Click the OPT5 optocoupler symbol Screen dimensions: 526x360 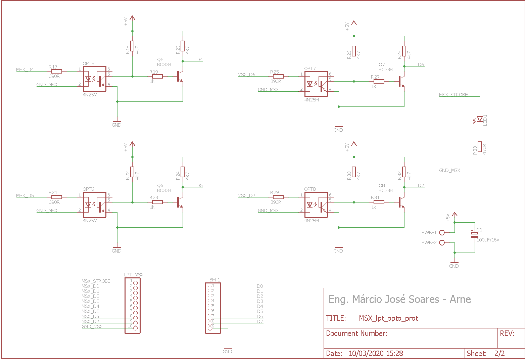(x=95, y=79)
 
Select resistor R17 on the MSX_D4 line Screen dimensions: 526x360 (x=57, y=71)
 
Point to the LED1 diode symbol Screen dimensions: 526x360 (x=479, y=120)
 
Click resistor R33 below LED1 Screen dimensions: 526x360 (x=480, y=147)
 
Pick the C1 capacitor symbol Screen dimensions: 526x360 (x=475, y=235)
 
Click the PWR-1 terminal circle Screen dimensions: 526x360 (x=442, y=232)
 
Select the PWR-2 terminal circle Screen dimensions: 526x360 (x=442, y=242)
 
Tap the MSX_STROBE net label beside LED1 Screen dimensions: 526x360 (x=453, y=95)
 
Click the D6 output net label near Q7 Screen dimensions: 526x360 (x=421, y=64)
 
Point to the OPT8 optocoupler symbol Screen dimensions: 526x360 (x=316, y=205)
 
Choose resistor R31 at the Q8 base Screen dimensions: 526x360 (x=379, y=202)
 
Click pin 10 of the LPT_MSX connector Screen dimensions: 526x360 (x=136, y=328)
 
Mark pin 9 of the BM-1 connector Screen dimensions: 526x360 (x=210, y=328)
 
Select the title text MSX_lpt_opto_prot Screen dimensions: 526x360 (x=388, y=318)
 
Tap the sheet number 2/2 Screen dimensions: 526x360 (x=499, y=353)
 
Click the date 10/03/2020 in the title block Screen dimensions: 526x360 (x=366, y=353)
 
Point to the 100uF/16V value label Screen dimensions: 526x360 (x=488, y=240)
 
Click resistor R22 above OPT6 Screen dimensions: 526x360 (x=132, y=172)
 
